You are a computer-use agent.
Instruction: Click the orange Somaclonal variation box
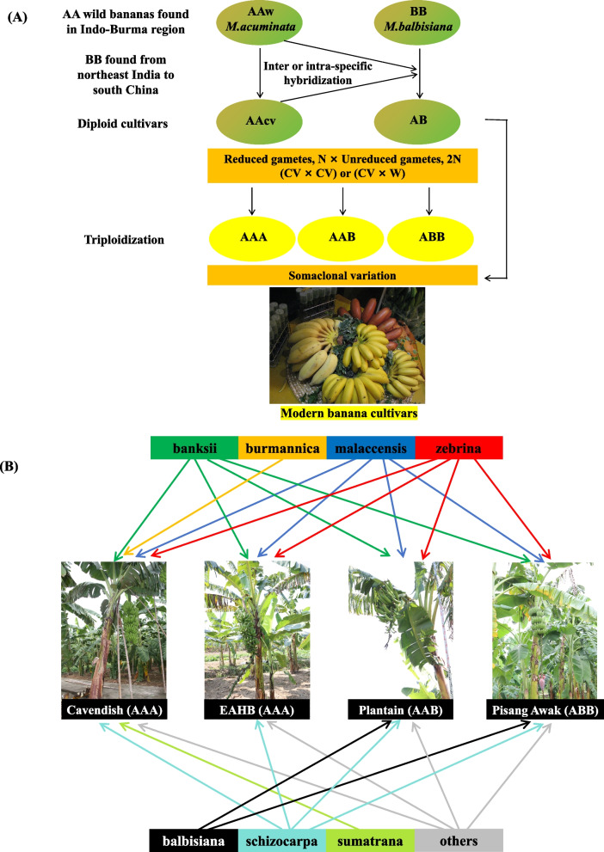click(342, 274)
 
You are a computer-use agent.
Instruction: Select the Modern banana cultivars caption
click(342, 414)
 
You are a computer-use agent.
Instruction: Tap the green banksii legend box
click(194, 449)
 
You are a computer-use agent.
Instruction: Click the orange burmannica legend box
click(282, 449)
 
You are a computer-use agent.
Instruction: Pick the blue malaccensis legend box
click(370, 449)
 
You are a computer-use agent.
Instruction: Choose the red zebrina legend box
click(458, 449)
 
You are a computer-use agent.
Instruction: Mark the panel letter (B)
click(18, 469)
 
